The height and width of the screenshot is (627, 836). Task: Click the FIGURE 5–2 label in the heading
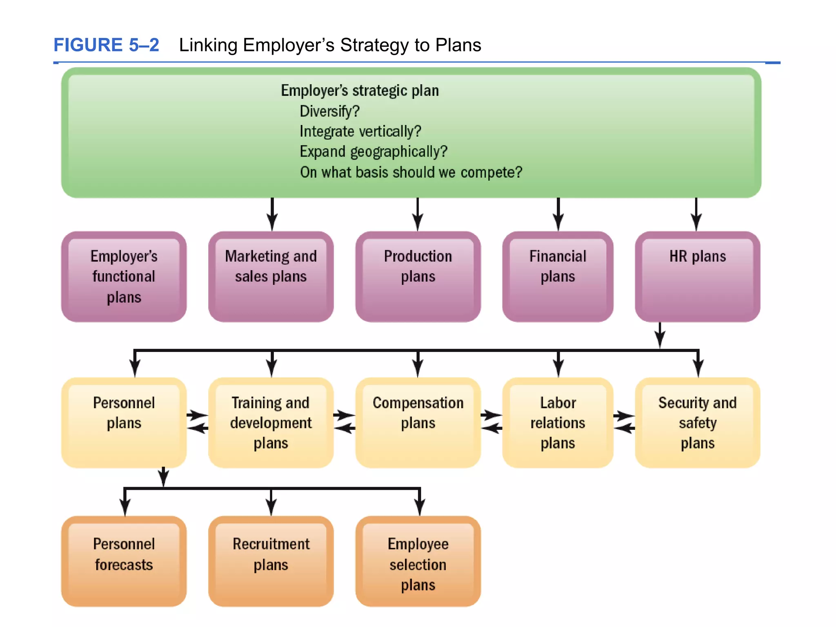coord(106,45)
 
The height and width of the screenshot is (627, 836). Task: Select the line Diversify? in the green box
coord(329,111)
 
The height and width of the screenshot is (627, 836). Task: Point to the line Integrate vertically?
coord(360,131)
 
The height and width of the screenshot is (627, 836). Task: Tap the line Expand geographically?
coord(373,152)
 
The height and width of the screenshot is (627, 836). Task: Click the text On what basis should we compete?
coord(411,172)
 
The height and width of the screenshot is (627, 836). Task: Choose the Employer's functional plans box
coord(124,277)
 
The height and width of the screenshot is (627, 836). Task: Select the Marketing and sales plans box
coord(271,277)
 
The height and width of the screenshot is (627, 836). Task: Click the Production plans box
coord(418,277)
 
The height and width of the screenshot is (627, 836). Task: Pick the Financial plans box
coord(558,277)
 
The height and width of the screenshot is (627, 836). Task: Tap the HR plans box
coord(697,277)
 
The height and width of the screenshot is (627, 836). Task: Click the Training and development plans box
coord(271,423)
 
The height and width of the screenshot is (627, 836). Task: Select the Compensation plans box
coord(418,423)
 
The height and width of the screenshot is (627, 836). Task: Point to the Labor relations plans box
coord(558,423)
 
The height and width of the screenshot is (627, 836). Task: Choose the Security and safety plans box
coord(697,423)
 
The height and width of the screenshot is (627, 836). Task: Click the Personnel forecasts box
coord(124,561)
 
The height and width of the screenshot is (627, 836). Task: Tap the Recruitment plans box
coord(271,561)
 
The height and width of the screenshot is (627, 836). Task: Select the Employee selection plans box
coord(418,561)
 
